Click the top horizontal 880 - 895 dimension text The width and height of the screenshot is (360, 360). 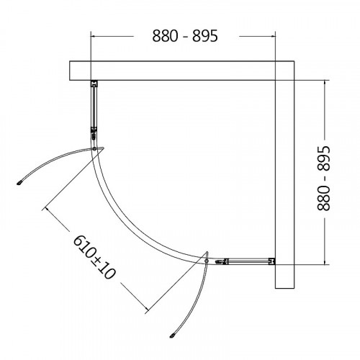click(x=185, y=36)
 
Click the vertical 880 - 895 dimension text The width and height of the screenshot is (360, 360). click(x=324, y=179)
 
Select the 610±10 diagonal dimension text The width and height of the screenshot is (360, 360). click(x=94, y=257)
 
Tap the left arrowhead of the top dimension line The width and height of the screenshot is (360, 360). click(x=93, y=36)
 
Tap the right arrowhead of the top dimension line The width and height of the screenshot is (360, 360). click(x=273, y=36)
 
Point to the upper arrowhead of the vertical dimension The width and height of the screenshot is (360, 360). click(x=325, y=83)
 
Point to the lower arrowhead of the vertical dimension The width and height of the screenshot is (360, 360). click(x=325, y=262)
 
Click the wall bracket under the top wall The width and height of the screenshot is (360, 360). click(x=94, y=84)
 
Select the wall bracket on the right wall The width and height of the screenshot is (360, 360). click(x=272, y=261)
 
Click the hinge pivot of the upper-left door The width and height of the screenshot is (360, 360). click(x=94, y=149)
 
